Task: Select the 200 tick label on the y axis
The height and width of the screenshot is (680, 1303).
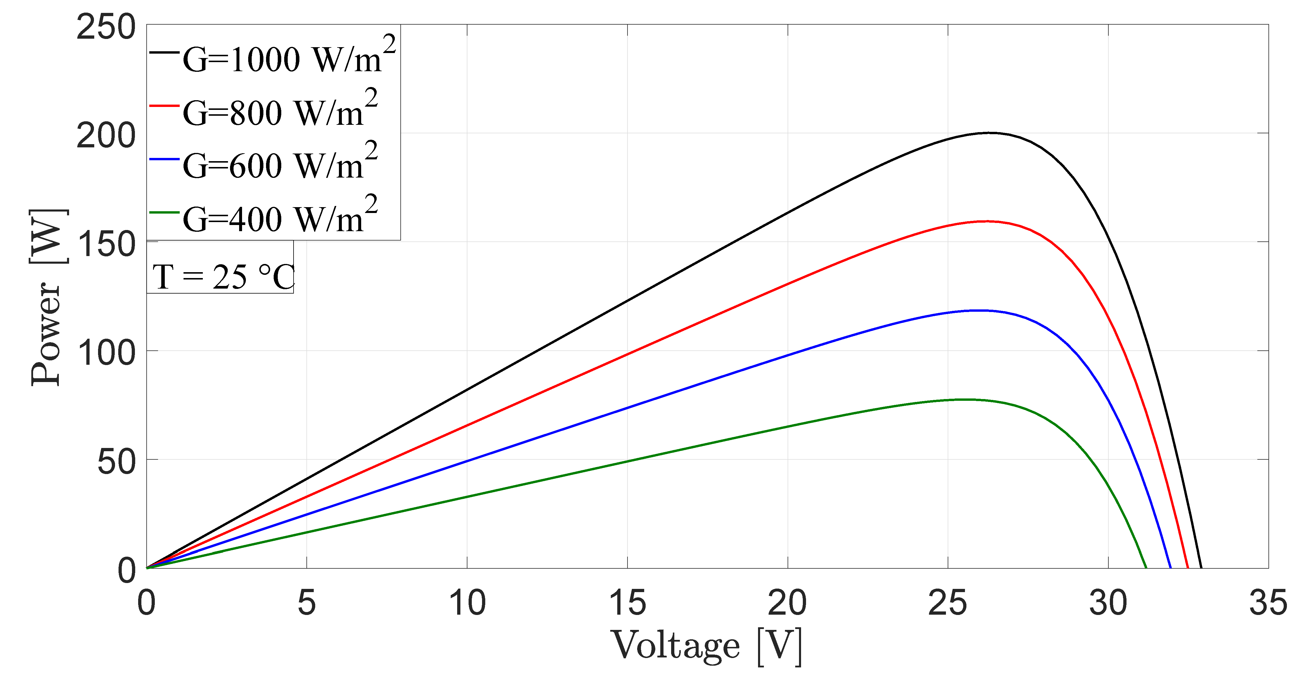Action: click(x=106, y=136)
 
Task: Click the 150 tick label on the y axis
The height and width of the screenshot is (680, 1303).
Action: click(x=106, y=245)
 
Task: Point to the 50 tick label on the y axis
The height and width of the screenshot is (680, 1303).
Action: click(x=116, y=462)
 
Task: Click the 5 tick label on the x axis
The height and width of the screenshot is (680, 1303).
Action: click(x=306, y=603)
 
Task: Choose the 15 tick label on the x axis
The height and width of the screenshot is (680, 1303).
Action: click(x=627, y=603)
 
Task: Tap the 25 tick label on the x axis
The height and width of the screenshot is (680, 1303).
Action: click(x=947, y=603)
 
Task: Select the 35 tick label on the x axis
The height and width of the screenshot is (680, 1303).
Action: click(x=1268, y=603)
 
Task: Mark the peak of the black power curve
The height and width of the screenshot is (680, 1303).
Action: click(x=989, y=133)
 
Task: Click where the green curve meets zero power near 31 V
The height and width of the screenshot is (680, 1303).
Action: click(x=1146, y=567)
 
